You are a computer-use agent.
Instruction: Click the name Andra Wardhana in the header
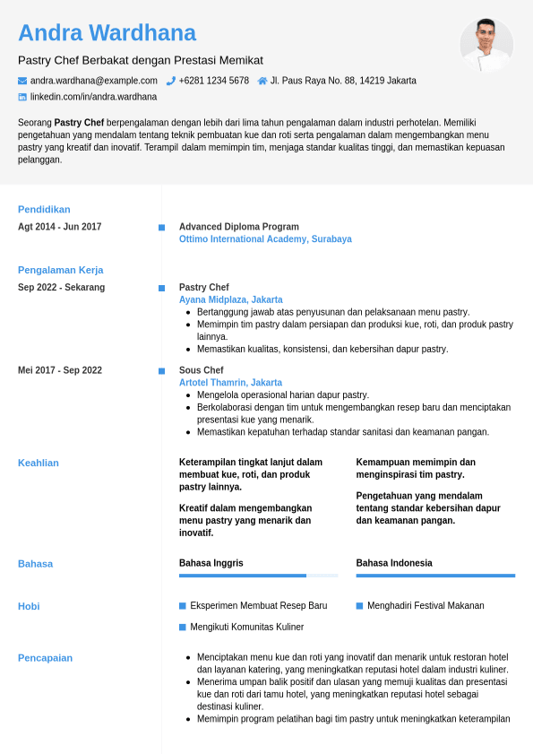(x=107, y=33)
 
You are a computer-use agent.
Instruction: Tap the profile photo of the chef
(x=486, y=45)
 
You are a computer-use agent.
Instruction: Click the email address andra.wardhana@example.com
(x=94, y=81)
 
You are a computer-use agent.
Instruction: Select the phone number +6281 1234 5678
(x=213, y=81)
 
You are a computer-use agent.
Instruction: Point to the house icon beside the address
(x=262, y=81)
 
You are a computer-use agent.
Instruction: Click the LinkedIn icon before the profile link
(x=22, y=97)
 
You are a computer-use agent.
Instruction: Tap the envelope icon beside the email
(x=22, y=81)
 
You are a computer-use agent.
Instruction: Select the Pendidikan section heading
(x=44, y=210)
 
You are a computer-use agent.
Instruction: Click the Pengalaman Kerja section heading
(x=60, y=270)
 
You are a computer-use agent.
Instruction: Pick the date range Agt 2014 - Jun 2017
(x=59, y=227)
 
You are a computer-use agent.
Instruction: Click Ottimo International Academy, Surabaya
(x=265, y=239)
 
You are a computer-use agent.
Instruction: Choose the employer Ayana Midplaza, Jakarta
(x=230, y=299)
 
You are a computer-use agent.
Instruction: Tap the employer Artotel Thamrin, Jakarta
(x=230, y=382)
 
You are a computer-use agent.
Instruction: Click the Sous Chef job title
(x=201, y=370)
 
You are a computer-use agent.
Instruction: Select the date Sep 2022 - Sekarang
(x=61, y=288)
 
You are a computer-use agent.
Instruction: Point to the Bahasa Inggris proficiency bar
(x=258, y=576)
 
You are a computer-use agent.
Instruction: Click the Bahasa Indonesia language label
(x=394, y=563)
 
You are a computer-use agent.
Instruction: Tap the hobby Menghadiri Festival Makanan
(x=426, y=606)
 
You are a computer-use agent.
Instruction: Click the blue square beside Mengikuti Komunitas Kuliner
(x=183, y=627)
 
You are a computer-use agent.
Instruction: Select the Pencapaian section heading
(x=45, y=658)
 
